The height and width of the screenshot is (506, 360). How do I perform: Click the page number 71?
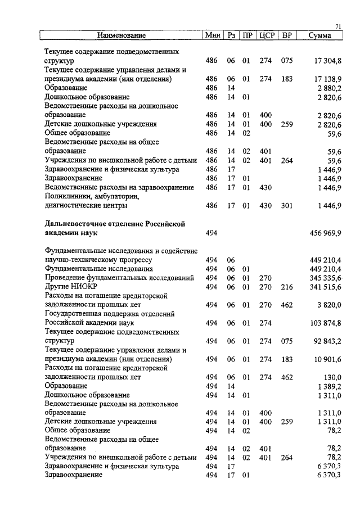(x=339, y=26)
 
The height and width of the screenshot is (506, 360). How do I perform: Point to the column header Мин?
(x=213, y=35)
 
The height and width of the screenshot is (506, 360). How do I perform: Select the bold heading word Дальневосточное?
(x=78, y=224)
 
